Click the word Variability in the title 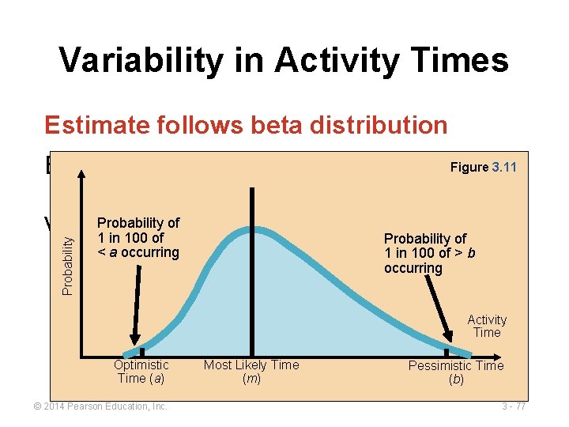[x=140, y=60]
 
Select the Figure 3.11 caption [x=483, y=168]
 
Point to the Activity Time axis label [x=487, y=326]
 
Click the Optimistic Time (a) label [x=141, y=371]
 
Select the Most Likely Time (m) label [x=251, y=371]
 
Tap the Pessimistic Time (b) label [x=456, y=372]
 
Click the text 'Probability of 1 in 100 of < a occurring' [x=138, y=237]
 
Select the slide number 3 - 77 [x=513, y=406]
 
